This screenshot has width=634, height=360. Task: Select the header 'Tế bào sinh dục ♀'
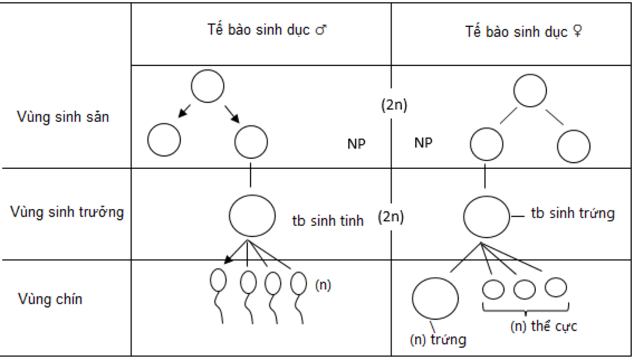523,32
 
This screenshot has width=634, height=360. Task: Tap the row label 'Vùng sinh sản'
63,116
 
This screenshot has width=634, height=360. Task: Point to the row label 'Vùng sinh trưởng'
67,212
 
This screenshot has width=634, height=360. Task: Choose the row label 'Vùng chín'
50,300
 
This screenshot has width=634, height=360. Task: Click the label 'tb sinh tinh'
328,221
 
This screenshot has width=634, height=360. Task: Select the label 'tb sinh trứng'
573,214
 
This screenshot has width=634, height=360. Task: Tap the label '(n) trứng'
438,340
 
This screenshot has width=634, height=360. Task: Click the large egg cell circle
435,298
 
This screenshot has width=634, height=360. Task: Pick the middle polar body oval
524,289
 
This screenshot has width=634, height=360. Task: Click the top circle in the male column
207,86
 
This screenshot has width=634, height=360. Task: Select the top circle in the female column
530,90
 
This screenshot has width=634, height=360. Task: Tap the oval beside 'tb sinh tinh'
252,215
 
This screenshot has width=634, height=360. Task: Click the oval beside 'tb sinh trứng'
487,216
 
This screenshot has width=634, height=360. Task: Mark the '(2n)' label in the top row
393,105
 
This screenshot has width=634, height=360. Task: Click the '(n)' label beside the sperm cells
323,286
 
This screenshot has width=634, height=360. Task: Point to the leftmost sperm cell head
219,280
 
